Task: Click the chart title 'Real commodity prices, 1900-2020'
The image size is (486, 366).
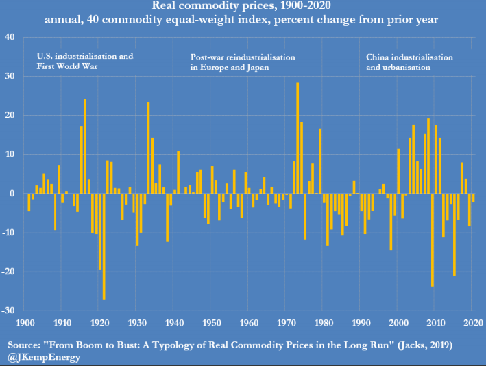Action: [243, 7]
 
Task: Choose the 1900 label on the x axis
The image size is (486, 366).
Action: [25, 322]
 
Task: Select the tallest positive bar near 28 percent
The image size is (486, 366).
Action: [297, 137]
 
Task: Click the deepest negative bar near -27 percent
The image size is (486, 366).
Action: [104, 246]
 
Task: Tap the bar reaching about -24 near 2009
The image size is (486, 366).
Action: [433, 239]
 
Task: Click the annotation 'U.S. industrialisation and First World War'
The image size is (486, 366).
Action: [84, 62]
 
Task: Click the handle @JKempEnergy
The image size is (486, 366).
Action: [42, 357]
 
